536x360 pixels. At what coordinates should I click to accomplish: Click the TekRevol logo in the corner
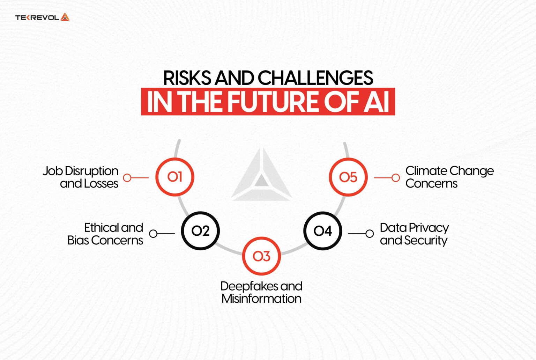[x=42, y=17]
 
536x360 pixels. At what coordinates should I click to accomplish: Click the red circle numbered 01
[x=174, y=177]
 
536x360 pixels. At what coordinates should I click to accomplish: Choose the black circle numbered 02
[x=200, y=231]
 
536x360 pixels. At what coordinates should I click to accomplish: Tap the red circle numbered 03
[x=261, y=256]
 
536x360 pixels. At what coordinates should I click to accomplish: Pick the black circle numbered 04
[x=322, y=231]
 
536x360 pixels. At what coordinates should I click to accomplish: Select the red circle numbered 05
[x=348, y=177]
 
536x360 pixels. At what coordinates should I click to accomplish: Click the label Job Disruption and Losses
[x=81, y=177]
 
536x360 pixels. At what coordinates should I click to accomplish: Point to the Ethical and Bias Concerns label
[x=105, y=234]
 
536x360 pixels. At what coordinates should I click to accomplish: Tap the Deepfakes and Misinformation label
[x=261, y=292]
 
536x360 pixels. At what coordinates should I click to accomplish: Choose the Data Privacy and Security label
[x=414, y=234]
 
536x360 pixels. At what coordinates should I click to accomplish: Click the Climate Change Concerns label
[x=449, y=177]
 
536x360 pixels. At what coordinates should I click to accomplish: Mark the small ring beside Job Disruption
[x=127, y=178]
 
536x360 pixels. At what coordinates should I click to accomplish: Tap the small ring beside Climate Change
[x=395, y=178]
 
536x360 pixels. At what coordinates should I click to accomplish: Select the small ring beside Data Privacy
[x=370, y=234]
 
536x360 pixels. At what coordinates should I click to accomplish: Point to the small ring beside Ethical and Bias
[x=153, y=234]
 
